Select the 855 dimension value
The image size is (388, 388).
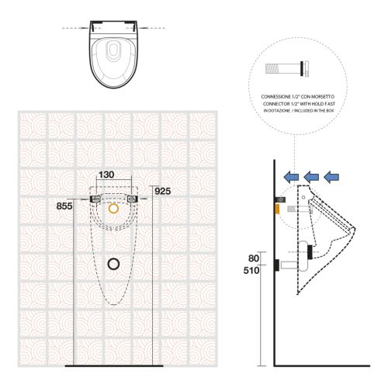pyautogui.click(x=68, y=206)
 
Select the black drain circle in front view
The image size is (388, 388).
pyautogui.click(x=115, y=263)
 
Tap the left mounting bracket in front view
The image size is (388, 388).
pyautogui.click(x=95, y=200)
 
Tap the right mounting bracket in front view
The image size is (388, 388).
pyautogui.click(x=136, y=200)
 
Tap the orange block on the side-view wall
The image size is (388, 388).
pyautogui.click(x=277, y=209)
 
